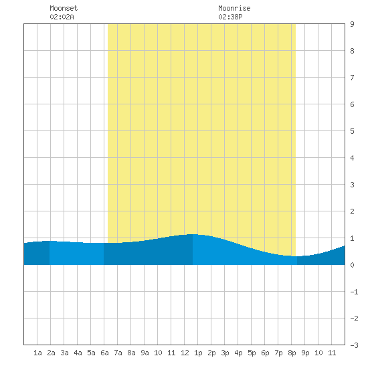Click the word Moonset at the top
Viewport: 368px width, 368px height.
pyautogui.click(x=64, y=8)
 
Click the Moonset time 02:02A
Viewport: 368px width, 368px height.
pyautogui.click(x=62, y=17)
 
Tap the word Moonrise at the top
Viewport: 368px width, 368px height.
pyautogui.click(x=234, y=8)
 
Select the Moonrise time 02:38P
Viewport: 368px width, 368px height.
pyautogui.click(x=230, y=17)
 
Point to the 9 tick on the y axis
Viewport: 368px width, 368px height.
pyautogui.click(x=352, y=24)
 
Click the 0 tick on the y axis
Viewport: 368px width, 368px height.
pyautogui.click(x=352, y=265)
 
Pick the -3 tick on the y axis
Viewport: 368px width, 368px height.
pyautogui.click(x=354, y=345)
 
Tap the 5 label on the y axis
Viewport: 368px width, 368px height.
pyautogui.click(x=352, y=131)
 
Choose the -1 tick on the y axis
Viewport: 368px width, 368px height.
pyautogui.click(x=354, y=292)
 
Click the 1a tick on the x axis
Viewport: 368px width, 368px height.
pyautogui.click(x=37, y=353)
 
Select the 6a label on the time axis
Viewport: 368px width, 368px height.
pyautogui.click(x=104, y=353)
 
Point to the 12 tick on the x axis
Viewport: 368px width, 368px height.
pyautogui.click(x=185, y=353)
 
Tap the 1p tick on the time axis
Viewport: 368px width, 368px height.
pyautogui.click(x=198, y=353)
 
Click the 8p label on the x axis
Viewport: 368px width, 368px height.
pyautogui.click(x=292, y=353)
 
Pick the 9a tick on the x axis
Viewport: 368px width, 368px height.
pyautogui.click(x=145, y=353)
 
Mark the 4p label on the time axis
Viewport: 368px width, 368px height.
pyautogui.click(x=238, y=353)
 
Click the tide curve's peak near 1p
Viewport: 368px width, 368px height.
pyautogui.click(x=193, y=234)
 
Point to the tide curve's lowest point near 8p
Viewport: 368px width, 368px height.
pyautogui.click(x=297, y=256)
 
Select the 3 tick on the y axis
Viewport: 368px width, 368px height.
pyautogui.click(x=352, y=185)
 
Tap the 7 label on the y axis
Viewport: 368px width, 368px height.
pyautogui.click(x=352, y=78)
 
